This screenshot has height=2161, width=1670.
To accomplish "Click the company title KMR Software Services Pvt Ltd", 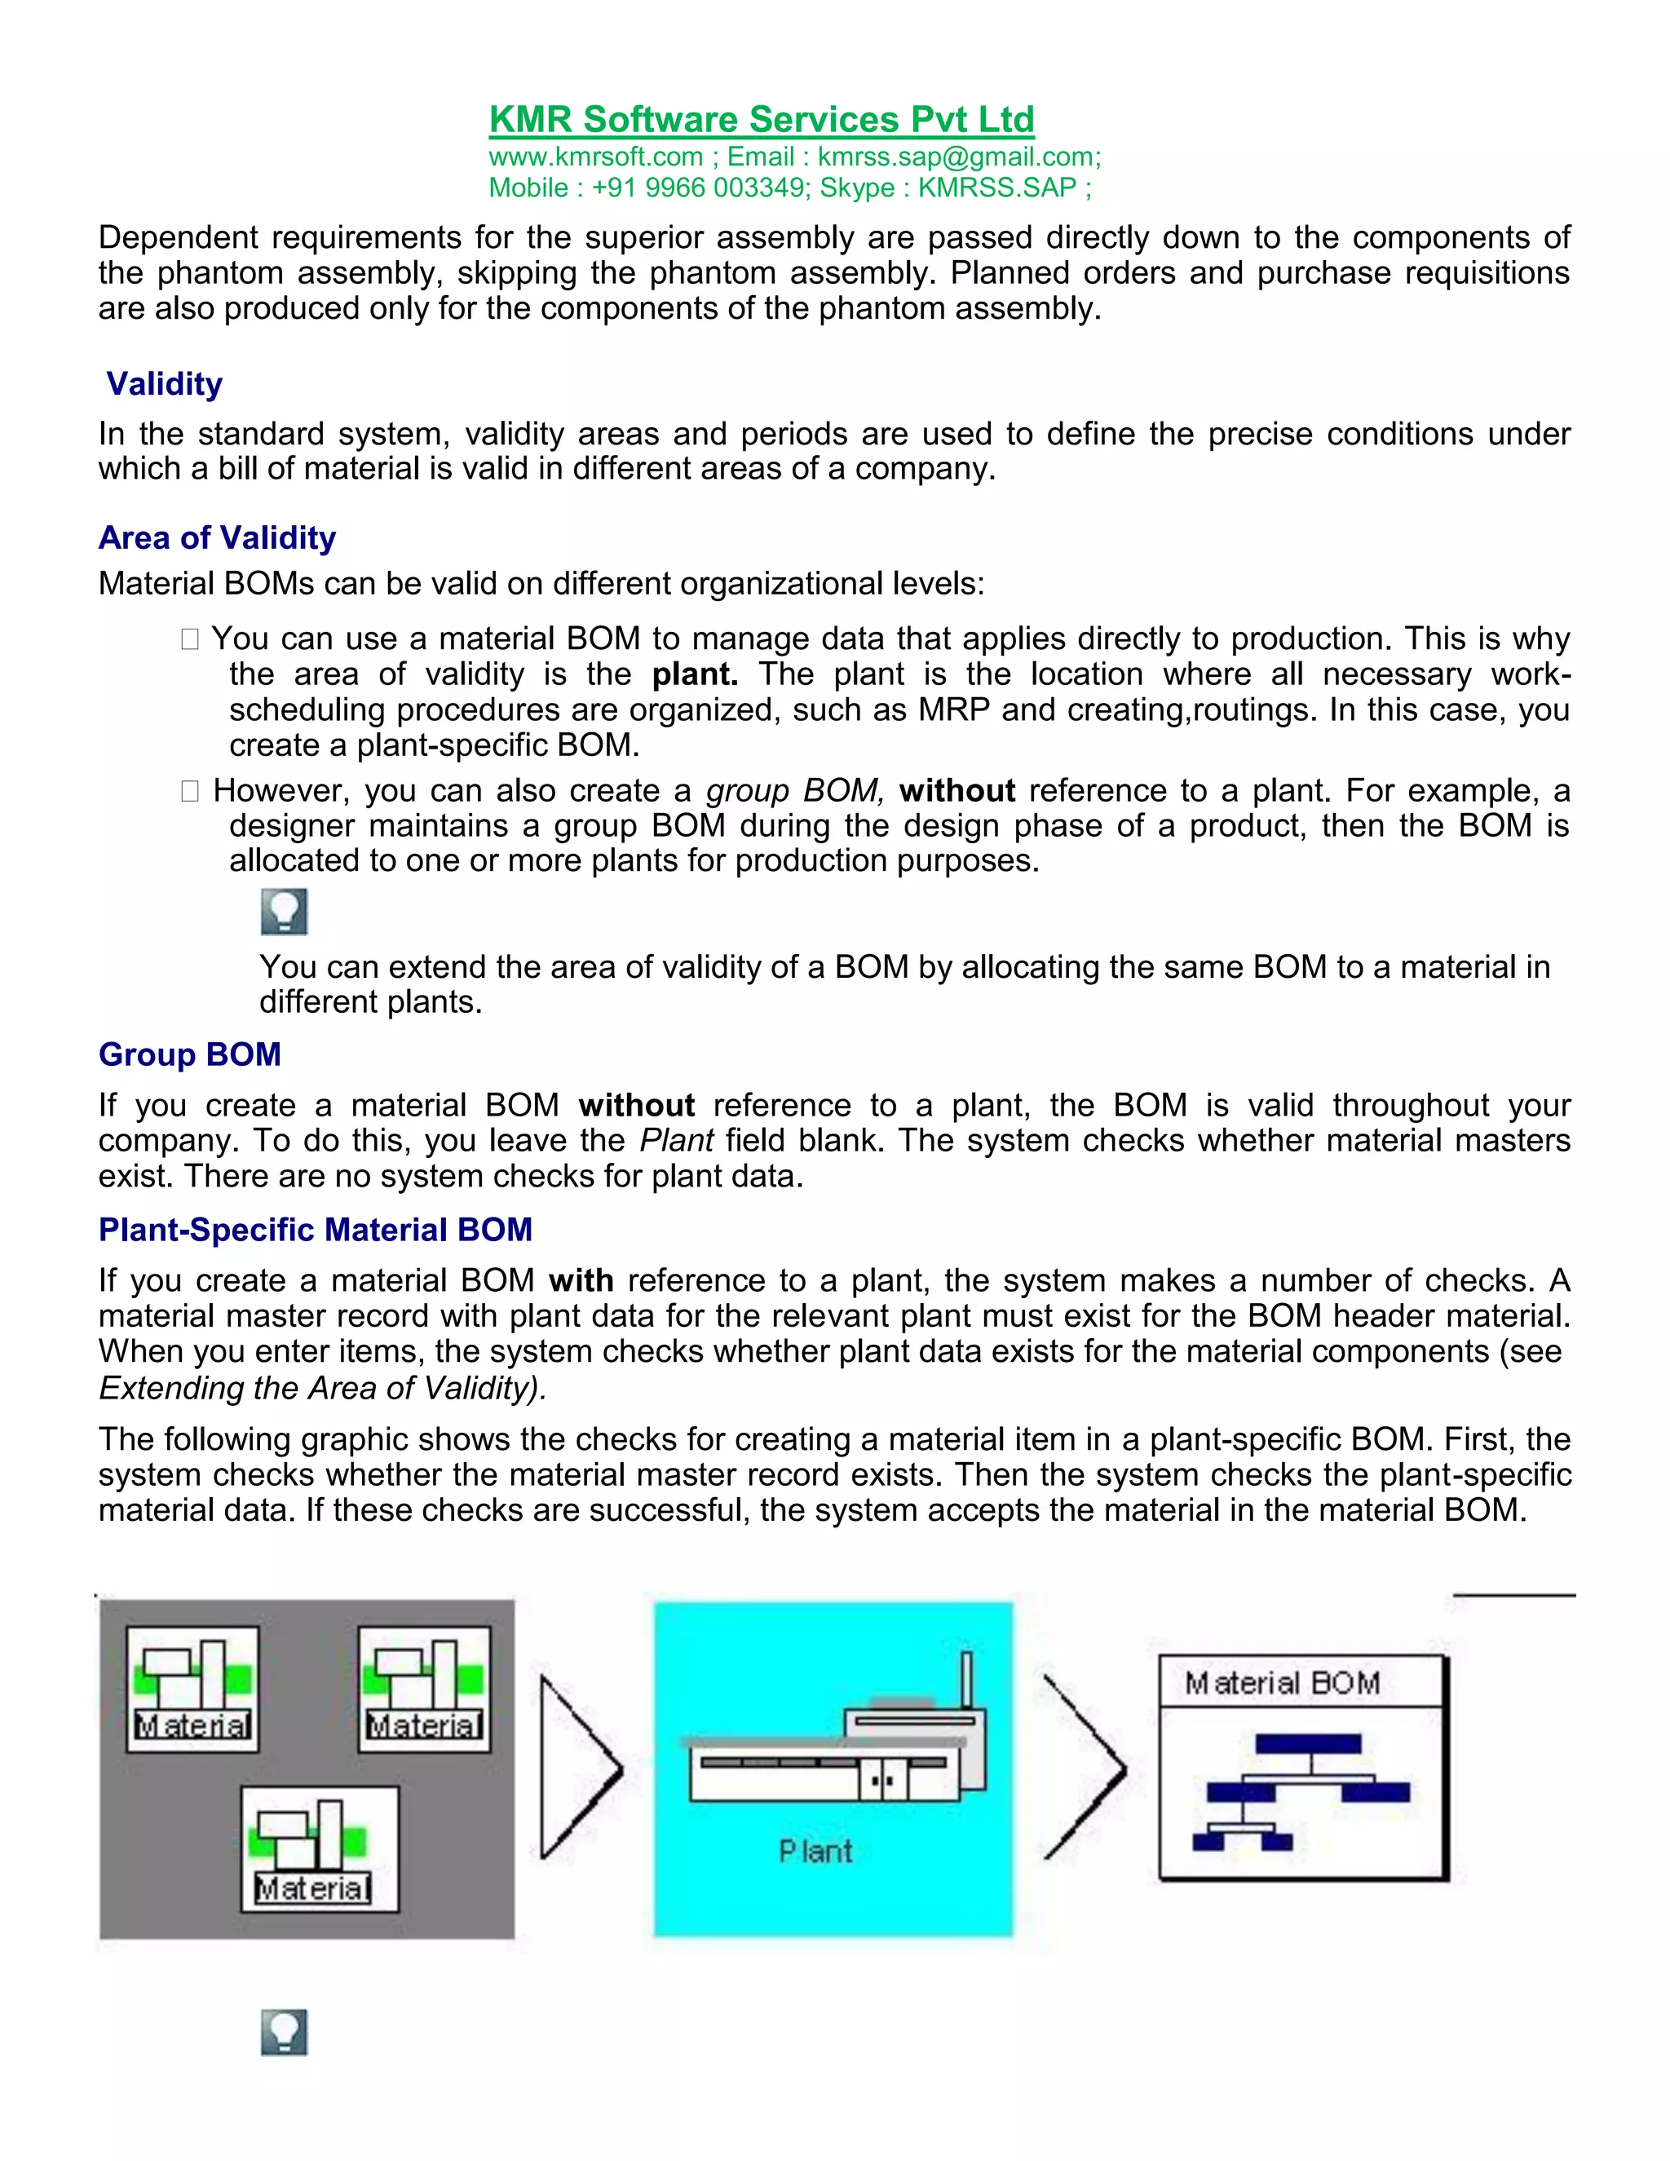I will (761, 120).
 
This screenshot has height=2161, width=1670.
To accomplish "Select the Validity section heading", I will (164, 384).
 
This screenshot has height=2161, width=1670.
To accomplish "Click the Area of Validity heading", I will (217, 537).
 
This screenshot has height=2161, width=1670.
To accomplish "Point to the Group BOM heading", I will (189, 1054).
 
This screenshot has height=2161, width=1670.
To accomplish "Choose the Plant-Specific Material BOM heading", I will (315, 1230).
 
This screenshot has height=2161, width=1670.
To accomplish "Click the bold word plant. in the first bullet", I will (695, 675).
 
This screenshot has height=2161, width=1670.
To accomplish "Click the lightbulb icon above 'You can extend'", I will (284, 912).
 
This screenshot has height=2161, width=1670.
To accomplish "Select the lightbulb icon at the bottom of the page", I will (284, 2032).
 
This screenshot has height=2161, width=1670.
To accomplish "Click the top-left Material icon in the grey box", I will (193, 1689).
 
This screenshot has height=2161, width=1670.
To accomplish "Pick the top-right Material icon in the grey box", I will (423, 1689).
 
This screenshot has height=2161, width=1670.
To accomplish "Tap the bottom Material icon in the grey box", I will (320, 1849).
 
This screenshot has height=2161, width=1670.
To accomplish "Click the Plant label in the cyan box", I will (815, 1851).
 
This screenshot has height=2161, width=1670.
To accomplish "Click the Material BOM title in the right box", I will (1282, 1683).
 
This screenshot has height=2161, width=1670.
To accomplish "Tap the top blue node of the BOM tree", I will (1308, 1743).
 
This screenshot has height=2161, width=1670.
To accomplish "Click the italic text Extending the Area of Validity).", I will (323, 1388).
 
